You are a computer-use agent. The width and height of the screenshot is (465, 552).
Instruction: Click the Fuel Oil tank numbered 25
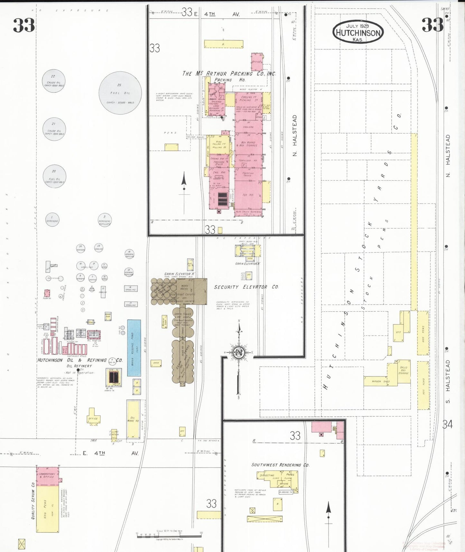pos(120,93)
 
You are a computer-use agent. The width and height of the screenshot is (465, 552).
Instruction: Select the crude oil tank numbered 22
pos(53,81)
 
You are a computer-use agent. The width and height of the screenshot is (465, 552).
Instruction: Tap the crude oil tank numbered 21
pos(54,129)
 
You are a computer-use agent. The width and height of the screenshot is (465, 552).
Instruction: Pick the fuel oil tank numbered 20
pos(54,176)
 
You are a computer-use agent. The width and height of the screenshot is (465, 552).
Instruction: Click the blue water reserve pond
pos(134,348)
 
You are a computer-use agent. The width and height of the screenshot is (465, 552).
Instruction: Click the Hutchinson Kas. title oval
pos(358,32)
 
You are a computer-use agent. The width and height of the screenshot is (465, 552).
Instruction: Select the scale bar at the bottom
pos(169,536)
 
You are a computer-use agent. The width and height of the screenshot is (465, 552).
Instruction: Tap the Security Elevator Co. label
pos(246,287)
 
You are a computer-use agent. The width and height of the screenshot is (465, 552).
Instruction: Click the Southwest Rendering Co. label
pos(280,465)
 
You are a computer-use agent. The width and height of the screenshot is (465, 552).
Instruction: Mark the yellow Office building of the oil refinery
pos(93,418)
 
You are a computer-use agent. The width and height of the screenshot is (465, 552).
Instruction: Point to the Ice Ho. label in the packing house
pos(248,195)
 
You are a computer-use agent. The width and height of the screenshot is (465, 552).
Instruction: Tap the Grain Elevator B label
pos(247,264)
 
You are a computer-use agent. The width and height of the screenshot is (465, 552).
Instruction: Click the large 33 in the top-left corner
pos(23,25)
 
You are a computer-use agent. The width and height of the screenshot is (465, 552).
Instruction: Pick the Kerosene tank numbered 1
pos(52,220)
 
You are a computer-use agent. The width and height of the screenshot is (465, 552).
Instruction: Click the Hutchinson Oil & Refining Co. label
pos(80,360)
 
